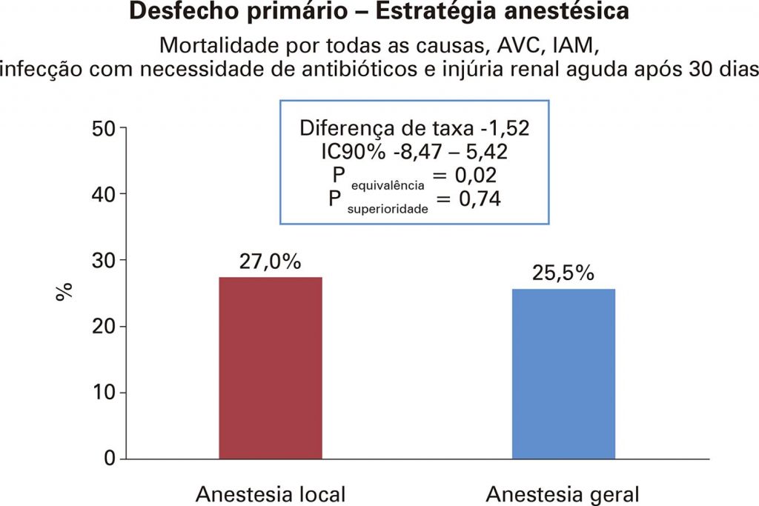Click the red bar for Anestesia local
click(x=271, y=367)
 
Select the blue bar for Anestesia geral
click(x=563, y=373)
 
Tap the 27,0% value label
click(x=270, y=262)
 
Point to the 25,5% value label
click(x=563, y=273)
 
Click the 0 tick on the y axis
click(x=109, y=459)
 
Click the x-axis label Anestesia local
click(x=271, y=494)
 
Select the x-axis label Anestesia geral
click(x=563, y=494)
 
